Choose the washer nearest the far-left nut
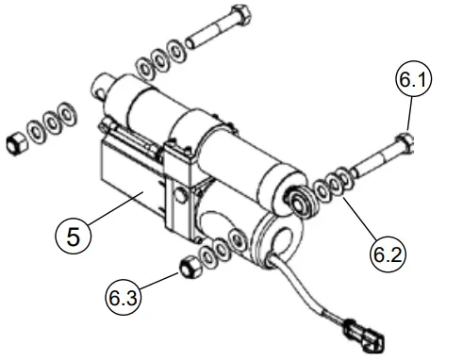point(37,132)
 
